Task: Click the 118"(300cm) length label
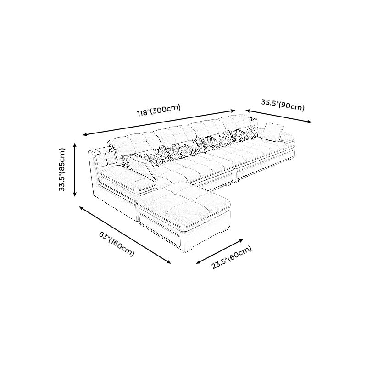pyautogui.click(x=159, y=111)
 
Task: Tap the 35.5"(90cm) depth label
pyautogui.click(x=283, y=106)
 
